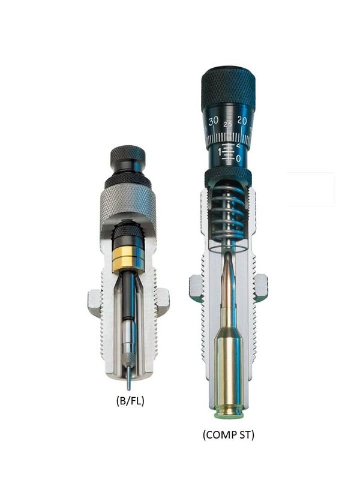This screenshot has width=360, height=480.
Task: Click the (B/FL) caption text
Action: coord(130,401)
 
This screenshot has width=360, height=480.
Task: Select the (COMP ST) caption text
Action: coord(229,434)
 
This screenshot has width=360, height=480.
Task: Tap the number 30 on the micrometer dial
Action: coord(213,121)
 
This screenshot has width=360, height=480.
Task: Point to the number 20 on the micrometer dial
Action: coord(242,121)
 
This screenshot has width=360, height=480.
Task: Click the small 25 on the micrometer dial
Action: coord(228,124)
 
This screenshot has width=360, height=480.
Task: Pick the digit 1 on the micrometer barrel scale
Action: coord(220,151)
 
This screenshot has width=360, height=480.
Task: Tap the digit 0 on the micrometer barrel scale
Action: coord(238,158)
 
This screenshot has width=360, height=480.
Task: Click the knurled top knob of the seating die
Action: coord(228,87)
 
